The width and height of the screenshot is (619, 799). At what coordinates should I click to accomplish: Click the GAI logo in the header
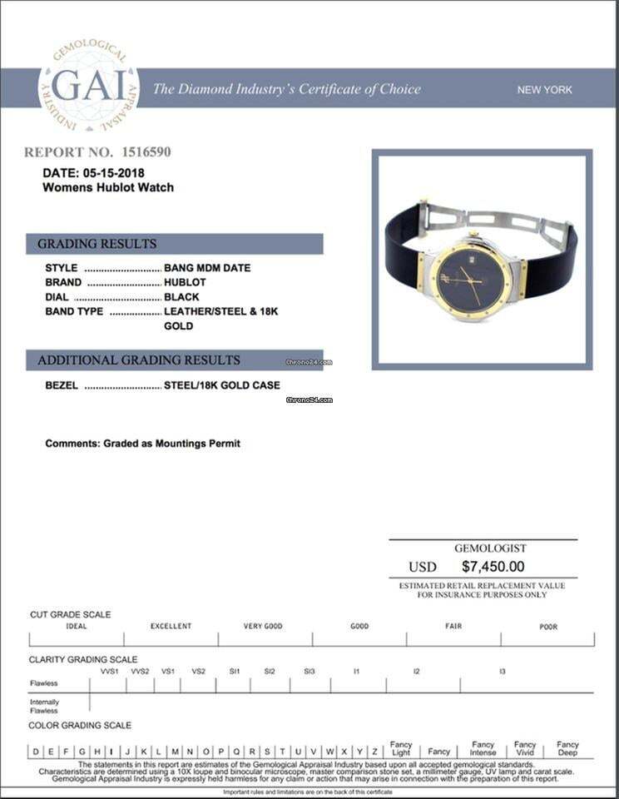click(89, 88)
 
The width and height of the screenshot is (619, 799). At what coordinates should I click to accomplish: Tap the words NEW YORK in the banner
click(544, 90)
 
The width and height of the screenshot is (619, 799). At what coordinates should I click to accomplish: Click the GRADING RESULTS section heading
click(97, 244)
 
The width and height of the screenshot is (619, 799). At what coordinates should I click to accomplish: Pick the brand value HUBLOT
click(185, 282)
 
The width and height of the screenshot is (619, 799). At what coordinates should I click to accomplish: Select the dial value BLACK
click(181, 297)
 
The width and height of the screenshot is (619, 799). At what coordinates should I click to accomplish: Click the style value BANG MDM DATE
click(207, 268)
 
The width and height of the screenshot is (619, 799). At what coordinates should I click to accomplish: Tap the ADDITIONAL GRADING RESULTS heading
click(139, 360)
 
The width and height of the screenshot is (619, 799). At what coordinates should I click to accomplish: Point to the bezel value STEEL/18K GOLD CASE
click(222, 385)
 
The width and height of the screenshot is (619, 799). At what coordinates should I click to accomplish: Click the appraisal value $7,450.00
click(494, 567)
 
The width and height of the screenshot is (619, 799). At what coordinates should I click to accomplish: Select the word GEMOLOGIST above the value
click(490, 548)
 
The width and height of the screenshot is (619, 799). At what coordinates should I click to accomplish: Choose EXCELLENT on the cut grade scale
click(171, 626)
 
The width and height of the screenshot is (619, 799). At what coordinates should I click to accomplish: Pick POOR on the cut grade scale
click(548, 627)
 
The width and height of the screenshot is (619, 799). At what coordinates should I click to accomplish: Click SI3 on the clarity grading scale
click(309, 671)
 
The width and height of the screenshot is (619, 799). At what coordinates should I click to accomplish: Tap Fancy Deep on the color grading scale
click(567, 748)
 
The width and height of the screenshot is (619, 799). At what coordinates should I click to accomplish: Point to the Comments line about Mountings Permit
click(142, 444)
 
